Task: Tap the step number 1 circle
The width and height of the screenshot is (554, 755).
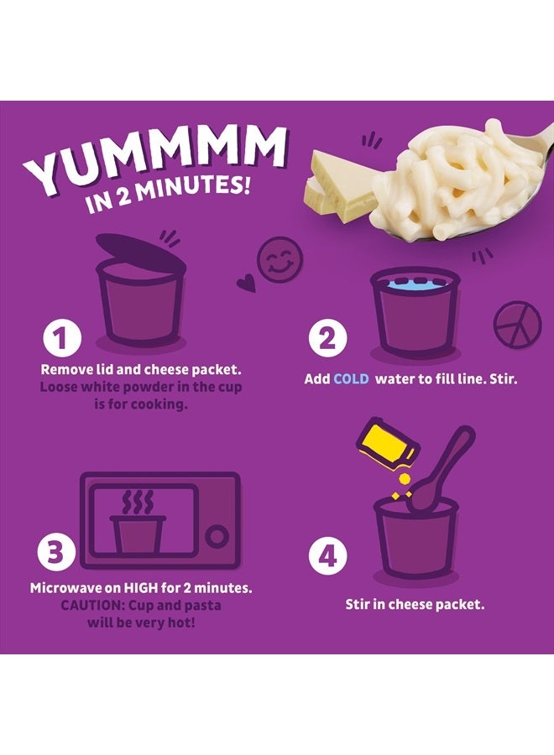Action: [60, 341]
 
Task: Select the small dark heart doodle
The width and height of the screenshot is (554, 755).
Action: [245, 284]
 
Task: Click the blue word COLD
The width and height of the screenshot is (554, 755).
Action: [353, 379]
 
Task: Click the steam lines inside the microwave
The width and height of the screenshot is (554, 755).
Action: [137, 503]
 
